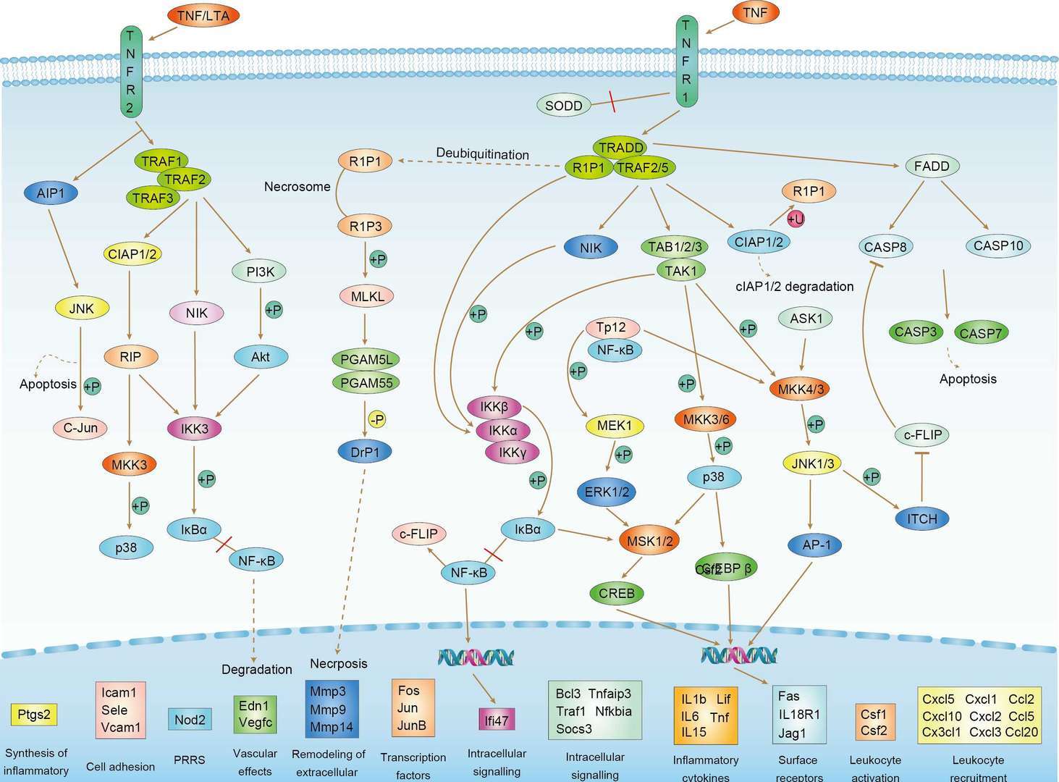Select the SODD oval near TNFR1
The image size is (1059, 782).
coord(564,106)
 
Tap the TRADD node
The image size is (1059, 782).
coord(621,147)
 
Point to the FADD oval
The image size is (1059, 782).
coord(932,167)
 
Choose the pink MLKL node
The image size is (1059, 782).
coord(367,295)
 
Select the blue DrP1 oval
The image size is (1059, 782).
coord(365,452)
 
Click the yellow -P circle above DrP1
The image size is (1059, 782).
coord(376,419)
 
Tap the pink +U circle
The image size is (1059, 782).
coord(796,219)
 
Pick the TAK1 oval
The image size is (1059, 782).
coord(680,271)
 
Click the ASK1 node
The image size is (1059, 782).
coord(805,318)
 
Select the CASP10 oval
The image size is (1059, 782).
coord(997,246)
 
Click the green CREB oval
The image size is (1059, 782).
coord(617,593)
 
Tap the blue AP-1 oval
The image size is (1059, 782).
coord(817,545)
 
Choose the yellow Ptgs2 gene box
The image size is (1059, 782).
coord(33,715)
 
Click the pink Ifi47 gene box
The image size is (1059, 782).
coord(497,720)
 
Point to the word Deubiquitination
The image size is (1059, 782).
coord(482,154)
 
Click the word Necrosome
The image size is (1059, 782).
coord(297,187)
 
